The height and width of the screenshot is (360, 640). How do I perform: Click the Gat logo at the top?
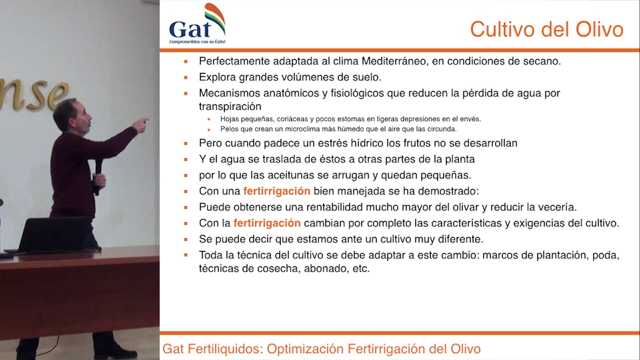(x=197, y=25)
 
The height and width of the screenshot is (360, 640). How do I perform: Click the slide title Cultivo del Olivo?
(x=546, y=29)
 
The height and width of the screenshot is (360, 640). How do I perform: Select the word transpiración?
(x=230, y=106)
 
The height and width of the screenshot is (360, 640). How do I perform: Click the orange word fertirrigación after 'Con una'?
(x=277, y=191)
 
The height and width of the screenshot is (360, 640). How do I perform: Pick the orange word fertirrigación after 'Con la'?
(x=267, y=223)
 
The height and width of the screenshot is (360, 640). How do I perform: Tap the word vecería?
(x=557, y=207)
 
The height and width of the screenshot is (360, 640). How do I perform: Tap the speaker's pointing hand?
(x=141, y=124)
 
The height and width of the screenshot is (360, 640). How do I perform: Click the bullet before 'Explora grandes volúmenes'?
(x=186, y=77)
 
